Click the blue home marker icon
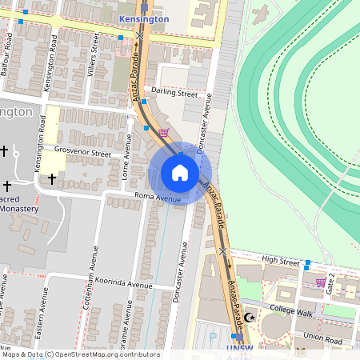tap(180, 173)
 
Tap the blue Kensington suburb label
tap(143, 18)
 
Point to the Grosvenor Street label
tap(82, 151)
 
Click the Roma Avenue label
tap(157, 198)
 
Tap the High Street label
tap(280, 261)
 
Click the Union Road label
tap(322, 340)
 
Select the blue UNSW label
tap(239, 350)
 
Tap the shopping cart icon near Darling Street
tap(163, 133)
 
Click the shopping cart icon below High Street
tap(321, 282)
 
